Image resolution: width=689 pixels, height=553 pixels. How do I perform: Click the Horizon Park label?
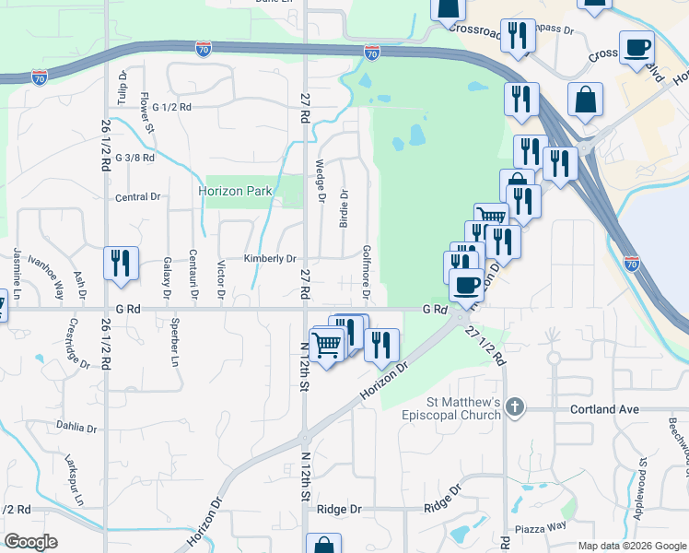point(235,191)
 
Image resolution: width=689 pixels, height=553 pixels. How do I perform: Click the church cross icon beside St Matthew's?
point(515,406)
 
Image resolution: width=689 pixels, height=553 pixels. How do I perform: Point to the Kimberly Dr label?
point(270,259)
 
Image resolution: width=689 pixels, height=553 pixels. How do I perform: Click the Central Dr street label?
point(138,197)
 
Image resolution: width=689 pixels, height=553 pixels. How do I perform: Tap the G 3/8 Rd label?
point(134,158)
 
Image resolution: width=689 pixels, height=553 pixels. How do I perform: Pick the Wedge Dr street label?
point(321,180)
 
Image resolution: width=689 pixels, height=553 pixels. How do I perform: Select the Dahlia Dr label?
point(76,428)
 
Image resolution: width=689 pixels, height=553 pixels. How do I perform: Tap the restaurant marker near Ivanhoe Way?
point(121,263)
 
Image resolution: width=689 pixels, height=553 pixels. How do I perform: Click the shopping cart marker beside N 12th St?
point(326,345)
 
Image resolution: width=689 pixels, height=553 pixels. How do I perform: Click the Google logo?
point(31,543)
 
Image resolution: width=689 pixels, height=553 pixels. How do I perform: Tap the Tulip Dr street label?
point(122,87)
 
